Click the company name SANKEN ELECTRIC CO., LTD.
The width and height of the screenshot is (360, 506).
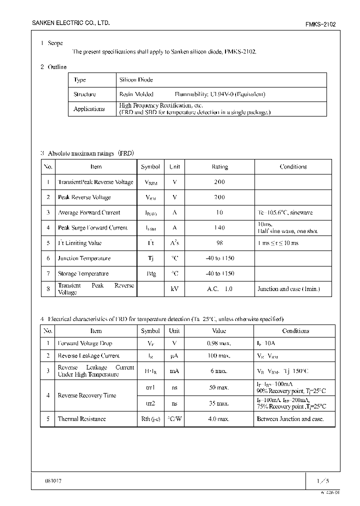click(70, 23)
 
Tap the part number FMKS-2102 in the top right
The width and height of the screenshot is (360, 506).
click(320, 24)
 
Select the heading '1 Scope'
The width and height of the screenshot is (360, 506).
click(51, 43)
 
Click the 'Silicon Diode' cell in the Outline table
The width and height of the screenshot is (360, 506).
click(136, 80)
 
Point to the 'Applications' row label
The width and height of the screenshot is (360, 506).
click(89, 109)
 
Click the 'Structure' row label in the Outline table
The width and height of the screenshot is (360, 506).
click(84, 94)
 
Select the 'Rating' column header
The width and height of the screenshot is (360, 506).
click(219, 167)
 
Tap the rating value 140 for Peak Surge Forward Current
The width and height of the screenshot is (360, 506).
click(219, 228)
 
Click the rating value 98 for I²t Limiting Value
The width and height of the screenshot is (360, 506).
click(219, 243)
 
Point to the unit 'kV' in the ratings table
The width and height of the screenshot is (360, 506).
click(174, 289)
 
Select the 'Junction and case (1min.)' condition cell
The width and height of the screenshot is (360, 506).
click(288, 289)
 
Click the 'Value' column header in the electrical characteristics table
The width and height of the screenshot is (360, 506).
click(219, 331)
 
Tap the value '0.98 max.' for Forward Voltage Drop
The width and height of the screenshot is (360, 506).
click(218, 343)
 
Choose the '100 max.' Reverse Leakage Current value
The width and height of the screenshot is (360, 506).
click(218, 356)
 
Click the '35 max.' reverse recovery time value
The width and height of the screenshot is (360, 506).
click(218, 403)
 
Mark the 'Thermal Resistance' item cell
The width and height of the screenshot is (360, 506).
click(82, 419)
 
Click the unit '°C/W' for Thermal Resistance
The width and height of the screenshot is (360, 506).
click(174, 419)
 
